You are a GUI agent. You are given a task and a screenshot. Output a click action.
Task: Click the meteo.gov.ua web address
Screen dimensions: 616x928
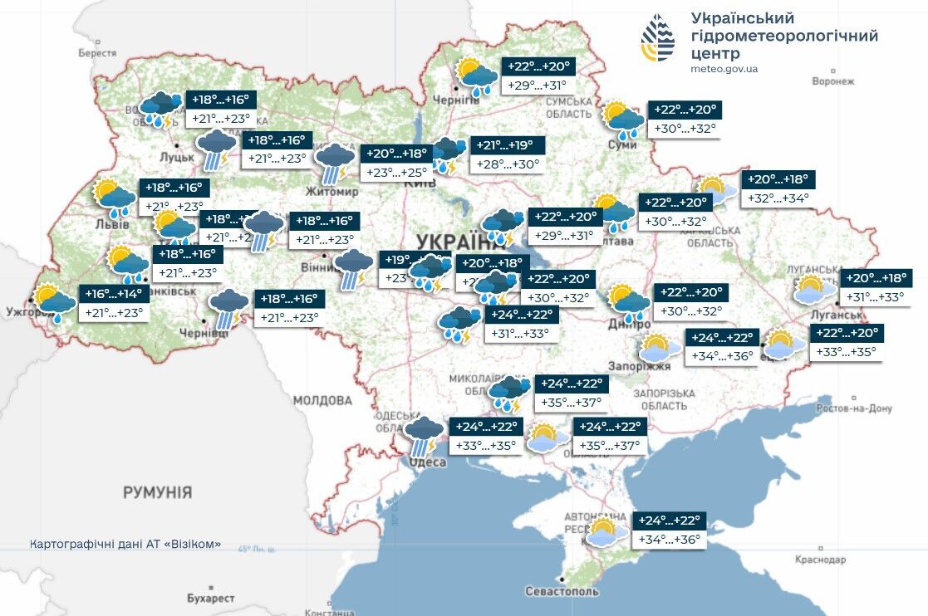pyautogui.click(x=724, y=69)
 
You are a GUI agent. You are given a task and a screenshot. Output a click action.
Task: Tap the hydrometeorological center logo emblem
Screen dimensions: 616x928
pyautogui.click(x=657, y=39)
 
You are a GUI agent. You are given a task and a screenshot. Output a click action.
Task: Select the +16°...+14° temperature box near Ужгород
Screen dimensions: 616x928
pyautogui.click(x=115, y=293)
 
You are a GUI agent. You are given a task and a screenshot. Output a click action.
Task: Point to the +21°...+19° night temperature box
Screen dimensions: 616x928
pyautogui.click(x=508, y=144)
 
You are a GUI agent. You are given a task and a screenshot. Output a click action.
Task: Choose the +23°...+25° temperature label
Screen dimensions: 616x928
pyautogui.click(x=397, y=173)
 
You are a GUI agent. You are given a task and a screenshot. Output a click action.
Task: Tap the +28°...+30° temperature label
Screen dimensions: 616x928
pyautogui.click(x=508, y=164)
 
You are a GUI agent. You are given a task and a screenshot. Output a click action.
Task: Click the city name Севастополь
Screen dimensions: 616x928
pyautogui.click(x=562, y=591)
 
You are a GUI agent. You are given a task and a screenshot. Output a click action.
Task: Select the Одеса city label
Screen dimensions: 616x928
pyautogui.click(x=429, y=462)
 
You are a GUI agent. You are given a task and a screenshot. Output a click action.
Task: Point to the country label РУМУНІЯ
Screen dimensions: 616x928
pyautogui.click(x=157, y=492)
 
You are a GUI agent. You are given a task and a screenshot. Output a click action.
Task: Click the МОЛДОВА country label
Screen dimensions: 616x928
pyautogui.click(x=322, y=400)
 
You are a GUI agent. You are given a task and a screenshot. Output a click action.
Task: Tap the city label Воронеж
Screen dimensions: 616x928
pyautogui.click(x=832, y=81)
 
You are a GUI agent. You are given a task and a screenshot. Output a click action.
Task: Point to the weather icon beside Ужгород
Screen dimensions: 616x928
pyautogui.click(x=53, y=302)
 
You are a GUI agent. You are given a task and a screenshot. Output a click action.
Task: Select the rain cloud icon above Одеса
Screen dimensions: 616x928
pyautogui.click(x=424, y=435)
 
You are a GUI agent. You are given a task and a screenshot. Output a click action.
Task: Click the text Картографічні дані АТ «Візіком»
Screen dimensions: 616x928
pyautogui.click(x=125, y=544)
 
